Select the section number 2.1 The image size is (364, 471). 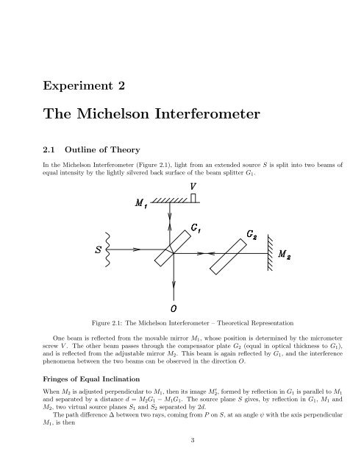click(x=49, y=147)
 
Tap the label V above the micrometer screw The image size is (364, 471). click(x=192, y=186)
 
